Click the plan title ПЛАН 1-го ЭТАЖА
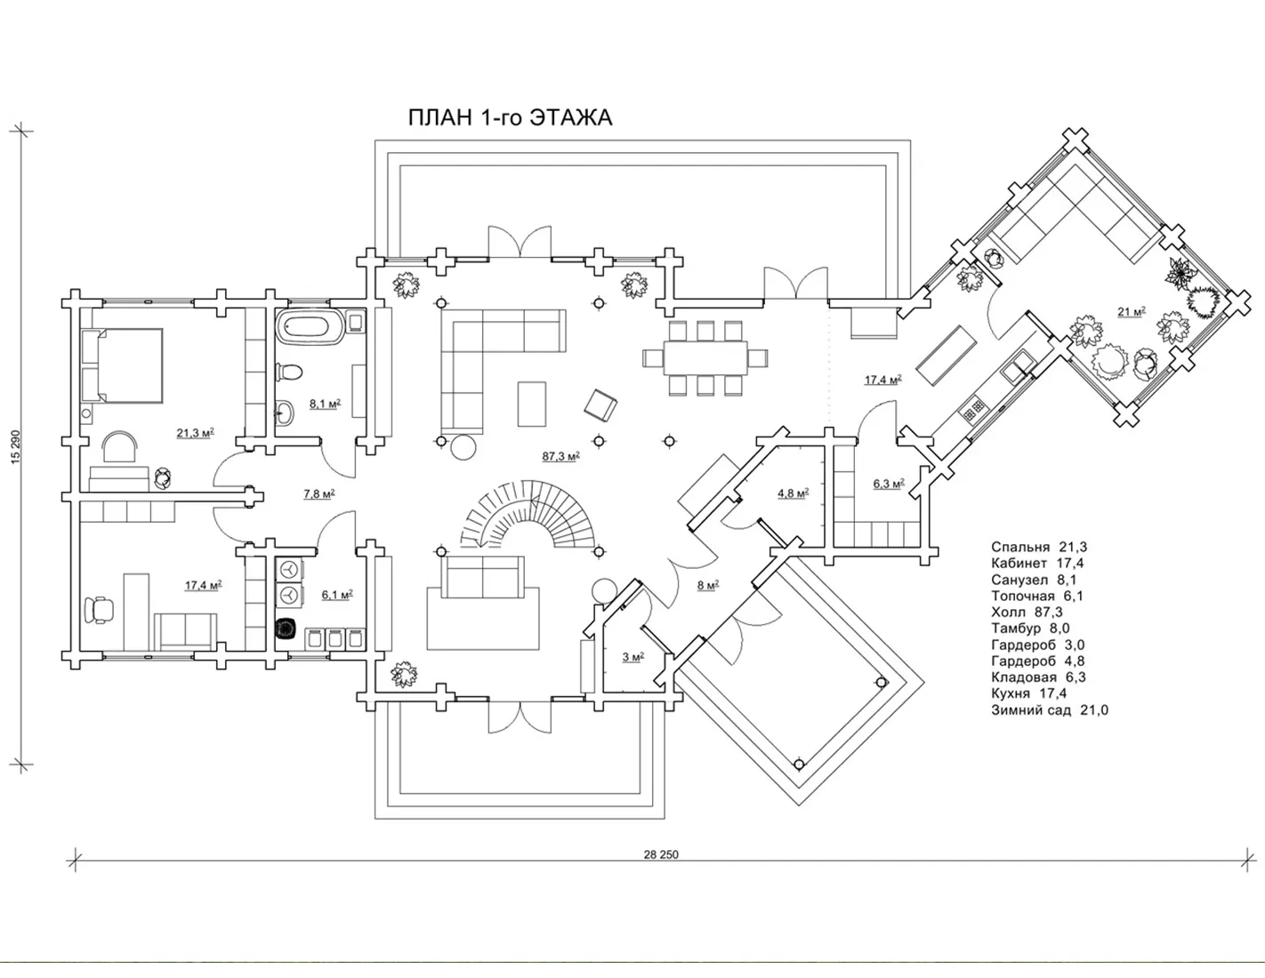pyautogui.click(x=510, y=117)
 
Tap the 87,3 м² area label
pyautogui.click(x=561, y=457)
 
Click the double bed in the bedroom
pyautogui.click(x=122, y=365)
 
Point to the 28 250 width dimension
pyautogui.click(x=661, y=854)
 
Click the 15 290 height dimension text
pyautogui.click(x=16, y=447)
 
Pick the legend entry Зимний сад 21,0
pyautogui.click(x=1050, y=709)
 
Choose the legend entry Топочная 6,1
pyautogui.click(x=1037, y=596)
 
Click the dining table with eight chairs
pyautogui.click(x=705, y=357)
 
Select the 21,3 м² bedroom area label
pyautogui.click(x=195, y=433)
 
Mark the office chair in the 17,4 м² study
pyautogui.click(x=97, y=610)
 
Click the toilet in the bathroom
pyautogui.click(x=288, y=371)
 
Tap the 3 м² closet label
pyautogui.click(x=633, y=657)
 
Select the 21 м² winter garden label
pyautogui.click(x=1132, y=312)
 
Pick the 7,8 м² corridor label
pyautogui.click(x=319, y=494)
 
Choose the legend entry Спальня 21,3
pyautogui.click(x=1039, y=547)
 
